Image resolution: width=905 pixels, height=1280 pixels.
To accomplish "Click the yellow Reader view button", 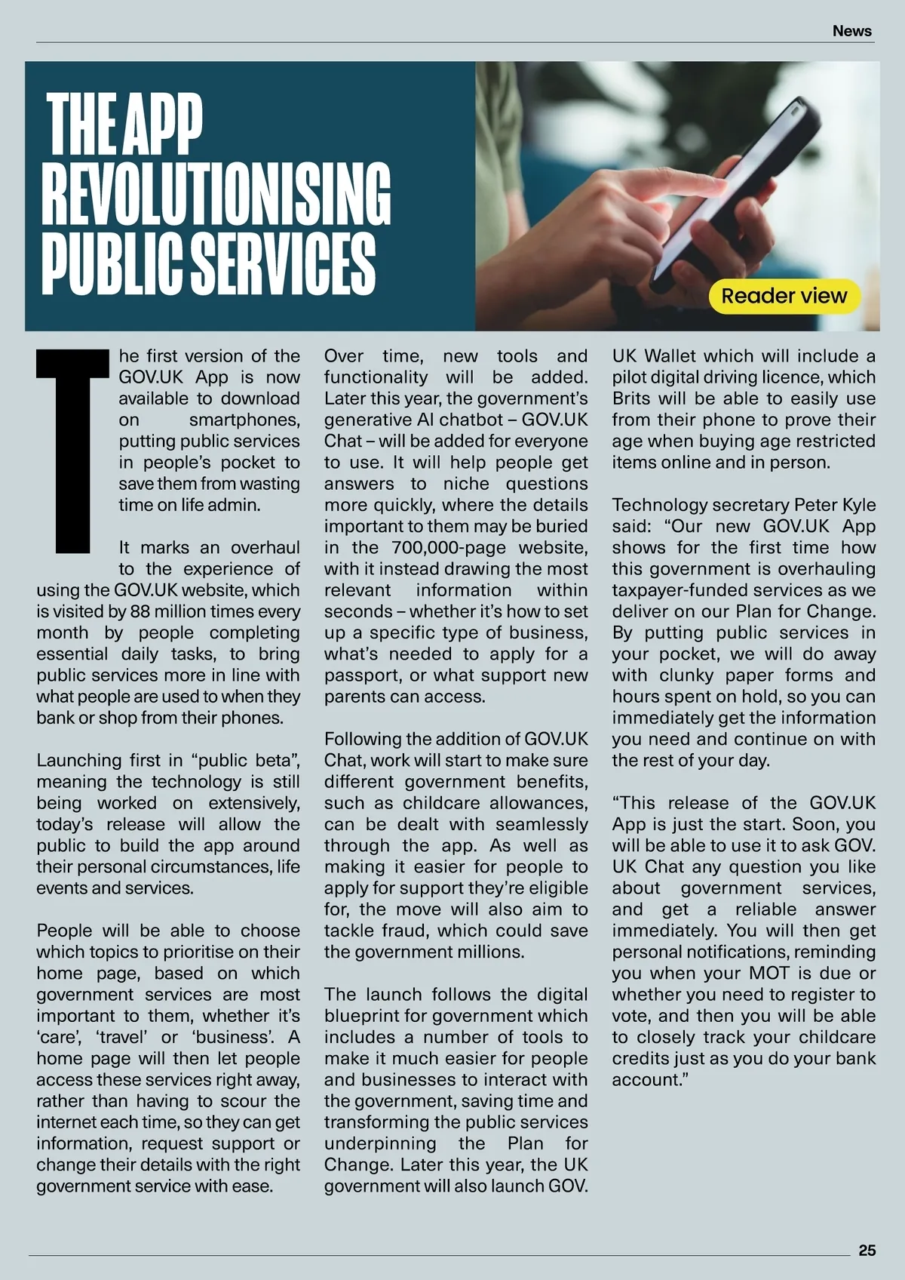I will click(784, 296).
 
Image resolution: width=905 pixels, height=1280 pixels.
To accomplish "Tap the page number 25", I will click(867, 1250).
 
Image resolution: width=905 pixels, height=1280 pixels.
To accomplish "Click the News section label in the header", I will click(852, 31).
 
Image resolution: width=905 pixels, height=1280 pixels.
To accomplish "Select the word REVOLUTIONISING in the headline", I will click(216, 192).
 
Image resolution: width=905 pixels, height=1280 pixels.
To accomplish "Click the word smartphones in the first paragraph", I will click(244, 420).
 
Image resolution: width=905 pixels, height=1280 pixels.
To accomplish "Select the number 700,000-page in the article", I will click(489, 547).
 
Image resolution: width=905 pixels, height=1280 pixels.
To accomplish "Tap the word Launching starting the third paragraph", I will click(79, 760).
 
